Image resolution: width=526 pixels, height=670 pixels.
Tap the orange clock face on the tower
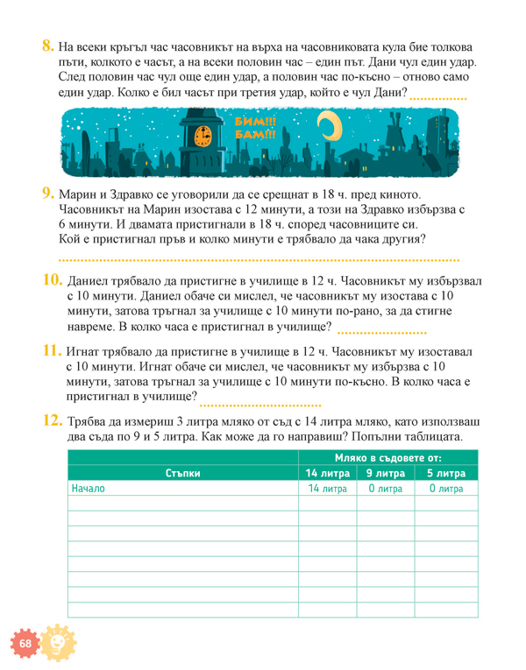(x=203, y=136)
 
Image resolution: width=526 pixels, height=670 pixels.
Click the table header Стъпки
(x=182, y=474)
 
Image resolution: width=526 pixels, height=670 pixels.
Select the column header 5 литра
(x=446, y=474)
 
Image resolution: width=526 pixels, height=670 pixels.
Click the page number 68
(x=24, y=645)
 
